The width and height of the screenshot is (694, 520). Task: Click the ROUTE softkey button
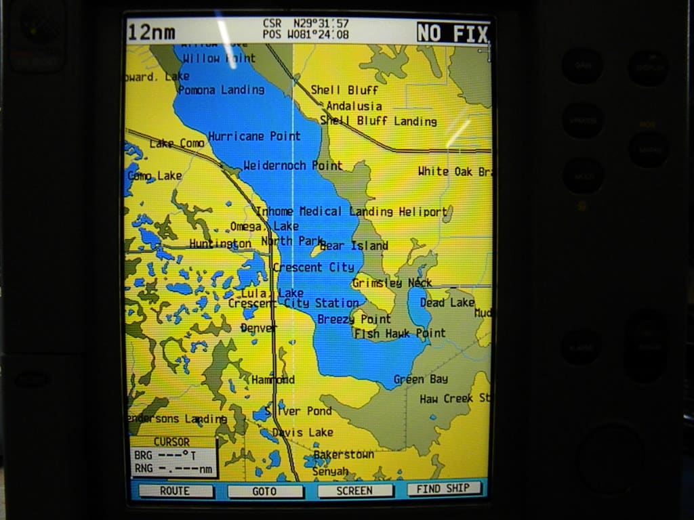point(175,491)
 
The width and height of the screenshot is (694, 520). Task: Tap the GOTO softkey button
point(264,491)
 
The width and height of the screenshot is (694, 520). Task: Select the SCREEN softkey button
point(355,491)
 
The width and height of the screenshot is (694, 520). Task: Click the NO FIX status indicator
point(452,32)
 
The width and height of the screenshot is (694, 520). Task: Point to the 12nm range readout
point(152,32)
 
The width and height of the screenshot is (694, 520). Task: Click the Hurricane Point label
point(254,136)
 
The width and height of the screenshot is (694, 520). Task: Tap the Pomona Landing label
point(221,89)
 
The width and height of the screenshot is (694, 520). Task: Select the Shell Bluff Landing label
point(378,121)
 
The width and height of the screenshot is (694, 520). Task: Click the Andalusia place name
point(354,106)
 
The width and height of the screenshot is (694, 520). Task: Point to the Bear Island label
point(353,246)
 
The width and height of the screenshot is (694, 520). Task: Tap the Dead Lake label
point(447,303)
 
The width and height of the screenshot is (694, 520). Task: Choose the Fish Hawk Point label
point(400,333)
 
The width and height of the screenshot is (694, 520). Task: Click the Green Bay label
point(420,379)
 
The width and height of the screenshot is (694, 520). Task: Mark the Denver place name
point(258,328)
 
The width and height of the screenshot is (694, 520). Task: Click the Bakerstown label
point(344,454)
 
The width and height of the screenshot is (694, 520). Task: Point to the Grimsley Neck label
point(392,283)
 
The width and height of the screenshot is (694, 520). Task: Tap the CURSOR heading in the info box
point(171,442)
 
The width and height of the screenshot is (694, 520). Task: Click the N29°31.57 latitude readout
point(321,24)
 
